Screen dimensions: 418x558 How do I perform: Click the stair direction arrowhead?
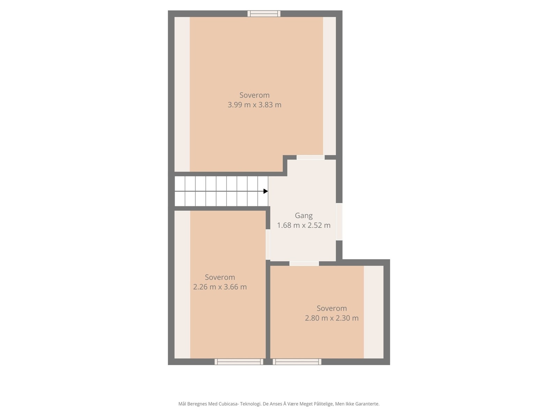pyautogui.click(x=266, y=191)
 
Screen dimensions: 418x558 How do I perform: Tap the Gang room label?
pyautogui.click(x=304, y=216)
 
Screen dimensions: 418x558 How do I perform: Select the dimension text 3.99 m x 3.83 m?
pyautogui.click(x=255, y=105)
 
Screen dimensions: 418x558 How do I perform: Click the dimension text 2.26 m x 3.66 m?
pyautogui.click(x=220, y=287)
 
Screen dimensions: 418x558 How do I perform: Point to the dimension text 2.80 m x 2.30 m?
pyautogui.click(x=332, y=318)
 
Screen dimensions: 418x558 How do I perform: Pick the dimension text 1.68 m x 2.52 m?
pyautogui.click(x=304, y=225)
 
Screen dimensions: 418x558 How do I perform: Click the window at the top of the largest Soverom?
pyautogui.click(x=264, y=14)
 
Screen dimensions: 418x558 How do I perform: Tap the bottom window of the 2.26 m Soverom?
pyautogui.click(x=239, y=362)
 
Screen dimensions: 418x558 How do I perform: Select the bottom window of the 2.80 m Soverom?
pyautogui.click(x=297, y=362)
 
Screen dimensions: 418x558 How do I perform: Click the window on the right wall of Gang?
pyautogui.click(x=339, y=222)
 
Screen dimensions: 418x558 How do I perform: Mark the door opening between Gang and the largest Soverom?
pyautogui.click(x=310, y=157)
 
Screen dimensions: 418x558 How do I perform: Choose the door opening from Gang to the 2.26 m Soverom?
pyautogui.click(x=268, y=244)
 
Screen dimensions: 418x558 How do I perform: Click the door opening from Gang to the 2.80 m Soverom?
pyautogui.click(x=304, y=263)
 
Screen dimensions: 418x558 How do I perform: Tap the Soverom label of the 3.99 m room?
pyautogui.click(x=255, y=95)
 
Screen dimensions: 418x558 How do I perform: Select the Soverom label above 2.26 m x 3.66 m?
pyautogui.click(x=220, y=277)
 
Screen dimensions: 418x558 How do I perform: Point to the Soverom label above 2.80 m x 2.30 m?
pyautogui.click(x=332, y=308)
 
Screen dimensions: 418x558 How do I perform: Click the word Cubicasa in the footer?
pyautogui.click(x=228, y=404)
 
